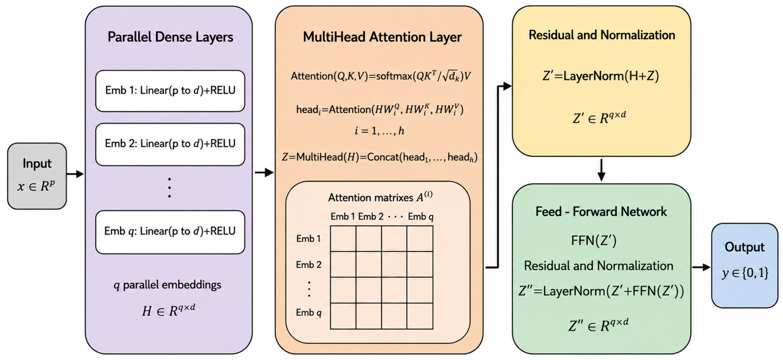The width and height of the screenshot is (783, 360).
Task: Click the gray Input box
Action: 37,176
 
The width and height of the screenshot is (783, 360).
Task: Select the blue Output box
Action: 744,266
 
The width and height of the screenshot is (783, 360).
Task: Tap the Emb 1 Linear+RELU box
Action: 170,91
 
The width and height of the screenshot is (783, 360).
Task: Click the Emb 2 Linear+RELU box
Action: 170,144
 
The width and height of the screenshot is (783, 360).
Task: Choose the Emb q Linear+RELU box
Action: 170,232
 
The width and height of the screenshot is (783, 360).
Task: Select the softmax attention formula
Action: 380,76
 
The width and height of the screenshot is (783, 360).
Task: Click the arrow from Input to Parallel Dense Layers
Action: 75,174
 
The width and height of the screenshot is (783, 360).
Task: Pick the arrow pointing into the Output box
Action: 701,267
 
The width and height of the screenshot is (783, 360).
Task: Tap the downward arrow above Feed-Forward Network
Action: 601,170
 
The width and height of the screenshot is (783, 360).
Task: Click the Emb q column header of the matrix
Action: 421,217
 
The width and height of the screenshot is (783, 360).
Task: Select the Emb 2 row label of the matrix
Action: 309,265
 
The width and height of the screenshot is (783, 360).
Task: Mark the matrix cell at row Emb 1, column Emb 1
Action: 343,239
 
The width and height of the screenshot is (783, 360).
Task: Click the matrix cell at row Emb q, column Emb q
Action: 420,316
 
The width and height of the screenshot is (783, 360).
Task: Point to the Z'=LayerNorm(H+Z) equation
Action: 601,76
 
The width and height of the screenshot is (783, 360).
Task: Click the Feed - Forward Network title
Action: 601,212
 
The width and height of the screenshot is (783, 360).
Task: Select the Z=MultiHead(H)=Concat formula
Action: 380,157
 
